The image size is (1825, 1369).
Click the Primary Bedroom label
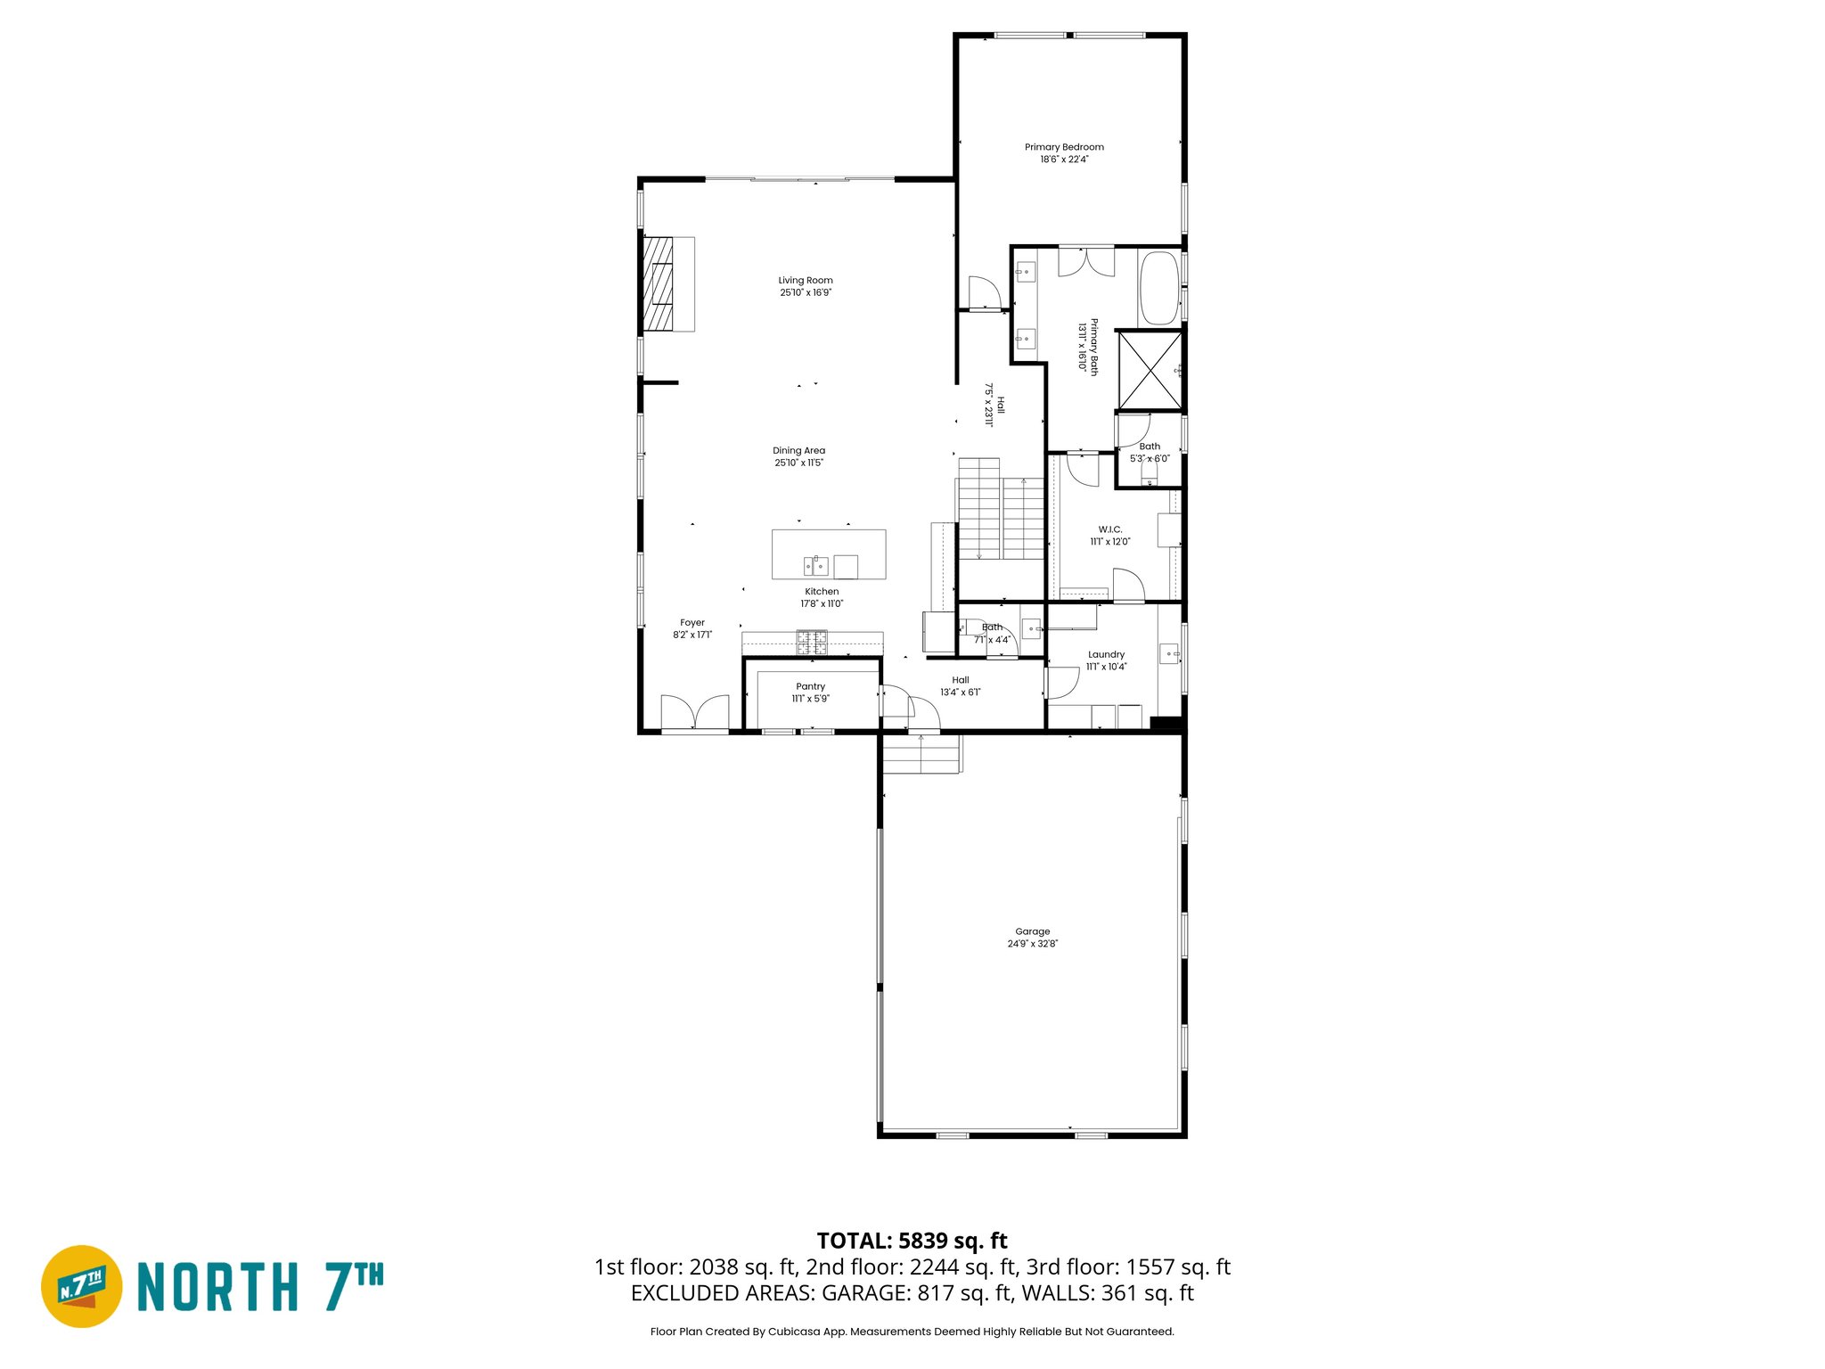pos(1064,147)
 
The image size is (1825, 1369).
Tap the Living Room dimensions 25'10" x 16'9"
pos(806,292)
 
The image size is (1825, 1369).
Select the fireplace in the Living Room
pos(668,284)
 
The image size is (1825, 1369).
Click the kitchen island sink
pos(815,565)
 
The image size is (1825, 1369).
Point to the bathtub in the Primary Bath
pos(1159,288)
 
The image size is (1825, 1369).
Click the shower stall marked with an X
pos(1150,369)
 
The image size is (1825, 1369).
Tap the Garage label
pos(1032,931)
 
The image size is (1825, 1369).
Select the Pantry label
pos(810,686)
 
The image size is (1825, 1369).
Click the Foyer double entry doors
pos(695,713)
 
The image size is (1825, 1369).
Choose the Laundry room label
pos(1106,654)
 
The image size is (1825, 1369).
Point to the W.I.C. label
pos(1109,529)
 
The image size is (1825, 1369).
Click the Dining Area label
pos(798,450)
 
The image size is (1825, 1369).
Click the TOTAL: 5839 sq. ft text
pos(912,1241)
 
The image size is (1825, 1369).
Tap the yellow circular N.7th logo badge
pos(82,1286)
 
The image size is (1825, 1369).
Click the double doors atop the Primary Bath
pos(1085,261)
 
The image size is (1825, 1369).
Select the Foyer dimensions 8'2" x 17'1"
pos(692,635)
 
